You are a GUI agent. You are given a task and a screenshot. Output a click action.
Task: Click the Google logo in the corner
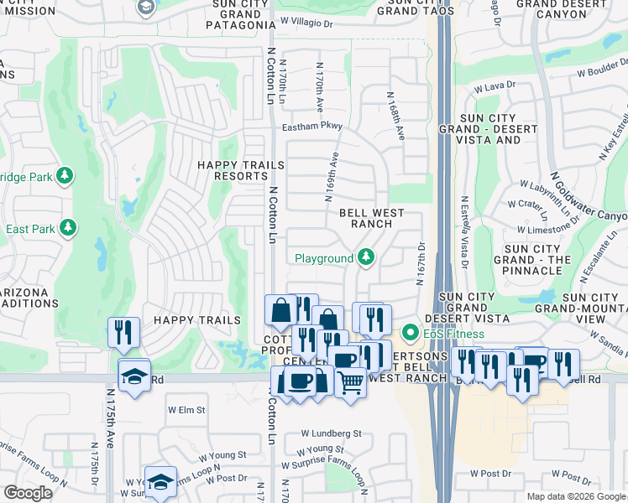(28, 493)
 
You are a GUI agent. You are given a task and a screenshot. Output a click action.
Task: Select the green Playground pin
(365, 257)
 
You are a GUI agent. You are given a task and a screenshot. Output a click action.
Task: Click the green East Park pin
(66, 228)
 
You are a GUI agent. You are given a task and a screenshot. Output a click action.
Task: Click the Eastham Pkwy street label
(312, 127)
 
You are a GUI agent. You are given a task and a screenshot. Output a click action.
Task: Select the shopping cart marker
(351, 382)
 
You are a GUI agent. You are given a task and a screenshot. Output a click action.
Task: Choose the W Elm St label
(186, 410)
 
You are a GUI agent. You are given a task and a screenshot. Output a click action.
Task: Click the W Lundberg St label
(332, 434)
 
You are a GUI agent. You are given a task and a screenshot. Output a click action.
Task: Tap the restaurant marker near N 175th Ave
(123, 333)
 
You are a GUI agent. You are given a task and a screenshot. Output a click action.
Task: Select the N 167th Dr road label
(421, 263)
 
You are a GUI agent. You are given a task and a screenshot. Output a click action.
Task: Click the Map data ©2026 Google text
(574, 496)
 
